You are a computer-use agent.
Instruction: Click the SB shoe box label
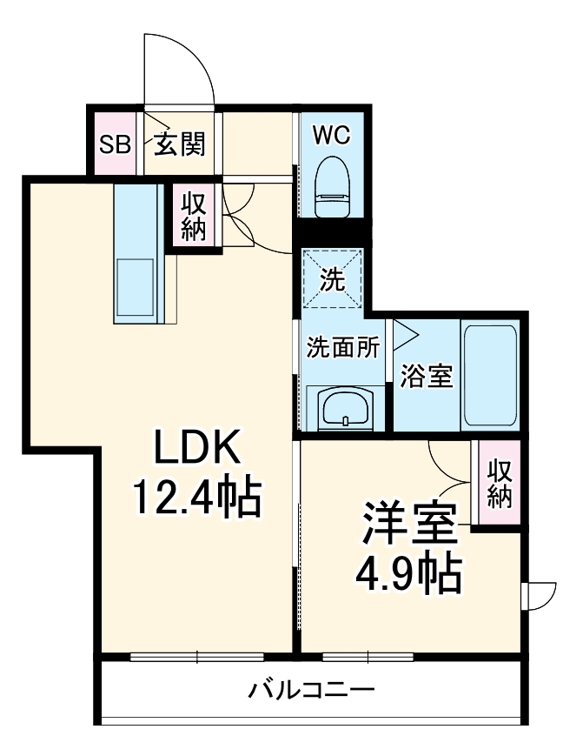tap(114, 144)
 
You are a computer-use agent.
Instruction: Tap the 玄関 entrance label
tap(180, 144)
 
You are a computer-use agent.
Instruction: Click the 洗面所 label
tap(342, 347)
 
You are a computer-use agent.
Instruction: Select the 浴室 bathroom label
tap(426, 377)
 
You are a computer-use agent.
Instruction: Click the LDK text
tap(196, 449)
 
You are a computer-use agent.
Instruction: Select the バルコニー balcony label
tap(312, 692)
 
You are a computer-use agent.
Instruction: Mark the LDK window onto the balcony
tap(198, 657)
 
